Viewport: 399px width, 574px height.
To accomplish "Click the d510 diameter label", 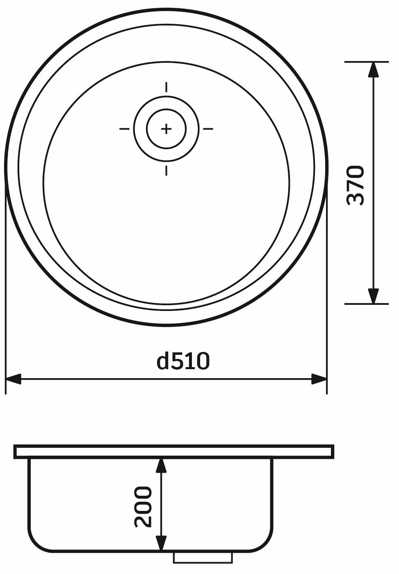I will tap(183, 361).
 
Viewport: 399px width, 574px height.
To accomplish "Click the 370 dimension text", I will tap(355, 185).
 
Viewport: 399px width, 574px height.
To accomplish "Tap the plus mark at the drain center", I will tap(166, 129).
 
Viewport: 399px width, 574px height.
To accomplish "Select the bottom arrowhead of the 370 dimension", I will tap(373, 295).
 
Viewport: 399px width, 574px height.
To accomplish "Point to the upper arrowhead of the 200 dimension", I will tap(161, 466).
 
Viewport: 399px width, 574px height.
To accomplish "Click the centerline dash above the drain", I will tap(166, 87).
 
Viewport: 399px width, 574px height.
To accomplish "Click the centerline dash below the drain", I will tap(166, 170).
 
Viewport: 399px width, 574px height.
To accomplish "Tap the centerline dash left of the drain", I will tap(124, 129).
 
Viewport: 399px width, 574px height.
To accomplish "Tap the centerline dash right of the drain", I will tap(208, 129).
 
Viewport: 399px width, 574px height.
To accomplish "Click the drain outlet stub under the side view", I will tap(203, 557).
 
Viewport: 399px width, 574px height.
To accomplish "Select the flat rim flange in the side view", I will tap(173, 451).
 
